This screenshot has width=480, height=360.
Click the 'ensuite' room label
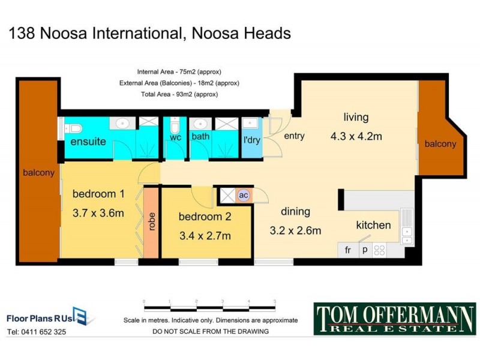pos(88,142)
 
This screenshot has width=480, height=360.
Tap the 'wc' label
pos(175,137)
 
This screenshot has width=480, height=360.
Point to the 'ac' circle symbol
pos(243,195)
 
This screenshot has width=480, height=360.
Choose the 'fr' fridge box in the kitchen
pos(347,250)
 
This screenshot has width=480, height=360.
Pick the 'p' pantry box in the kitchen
pos(364,250)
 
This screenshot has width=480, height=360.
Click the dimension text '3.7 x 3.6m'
pos(98,213)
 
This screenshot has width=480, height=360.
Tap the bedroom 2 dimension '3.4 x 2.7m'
pos(205,236)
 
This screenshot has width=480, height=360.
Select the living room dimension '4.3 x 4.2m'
pos(356,136)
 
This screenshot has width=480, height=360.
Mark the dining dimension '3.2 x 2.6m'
pos(295,230)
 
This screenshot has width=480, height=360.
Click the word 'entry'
pos(294,136)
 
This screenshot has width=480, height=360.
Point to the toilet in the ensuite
pos(73,128)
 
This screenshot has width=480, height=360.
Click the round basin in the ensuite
pos(123,124)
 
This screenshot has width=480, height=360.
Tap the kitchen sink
pos(407,222)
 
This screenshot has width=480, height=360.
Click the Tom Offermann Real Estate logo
pos(395,319)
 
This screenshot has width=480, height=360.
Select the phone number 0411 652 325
pos(37,331)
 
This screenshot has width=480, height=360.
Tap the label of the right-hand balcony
pos(440,144)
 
